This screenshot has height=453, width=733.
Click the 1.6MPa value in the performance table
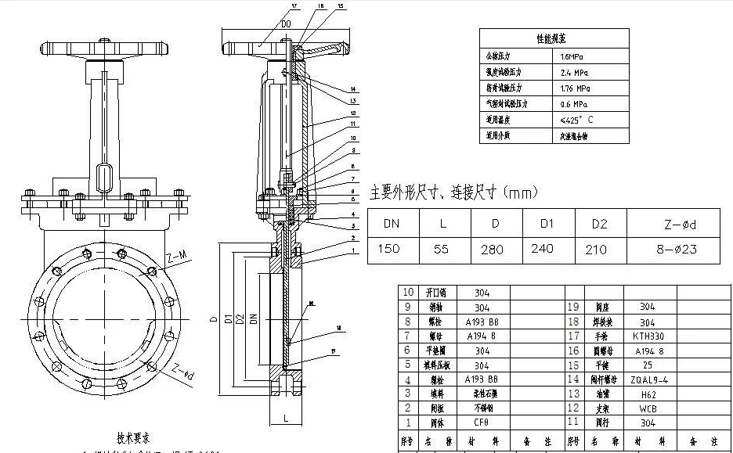pos(572,57)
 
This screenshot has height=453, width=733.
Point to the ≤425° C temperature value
pos(576,120)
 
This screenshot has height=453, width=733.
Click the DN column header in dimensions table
pos(392,224)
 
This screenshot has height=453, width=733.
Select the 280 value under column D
pos(495,249)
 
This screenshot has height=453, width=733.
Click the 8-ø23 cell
pos(679,249)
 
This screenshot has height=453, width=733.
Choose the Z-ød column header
pos(679,225)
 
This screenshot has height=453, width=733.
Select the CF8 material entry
pos(482,422)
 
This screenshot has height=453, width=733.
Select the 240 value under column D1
pos(547,249)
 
